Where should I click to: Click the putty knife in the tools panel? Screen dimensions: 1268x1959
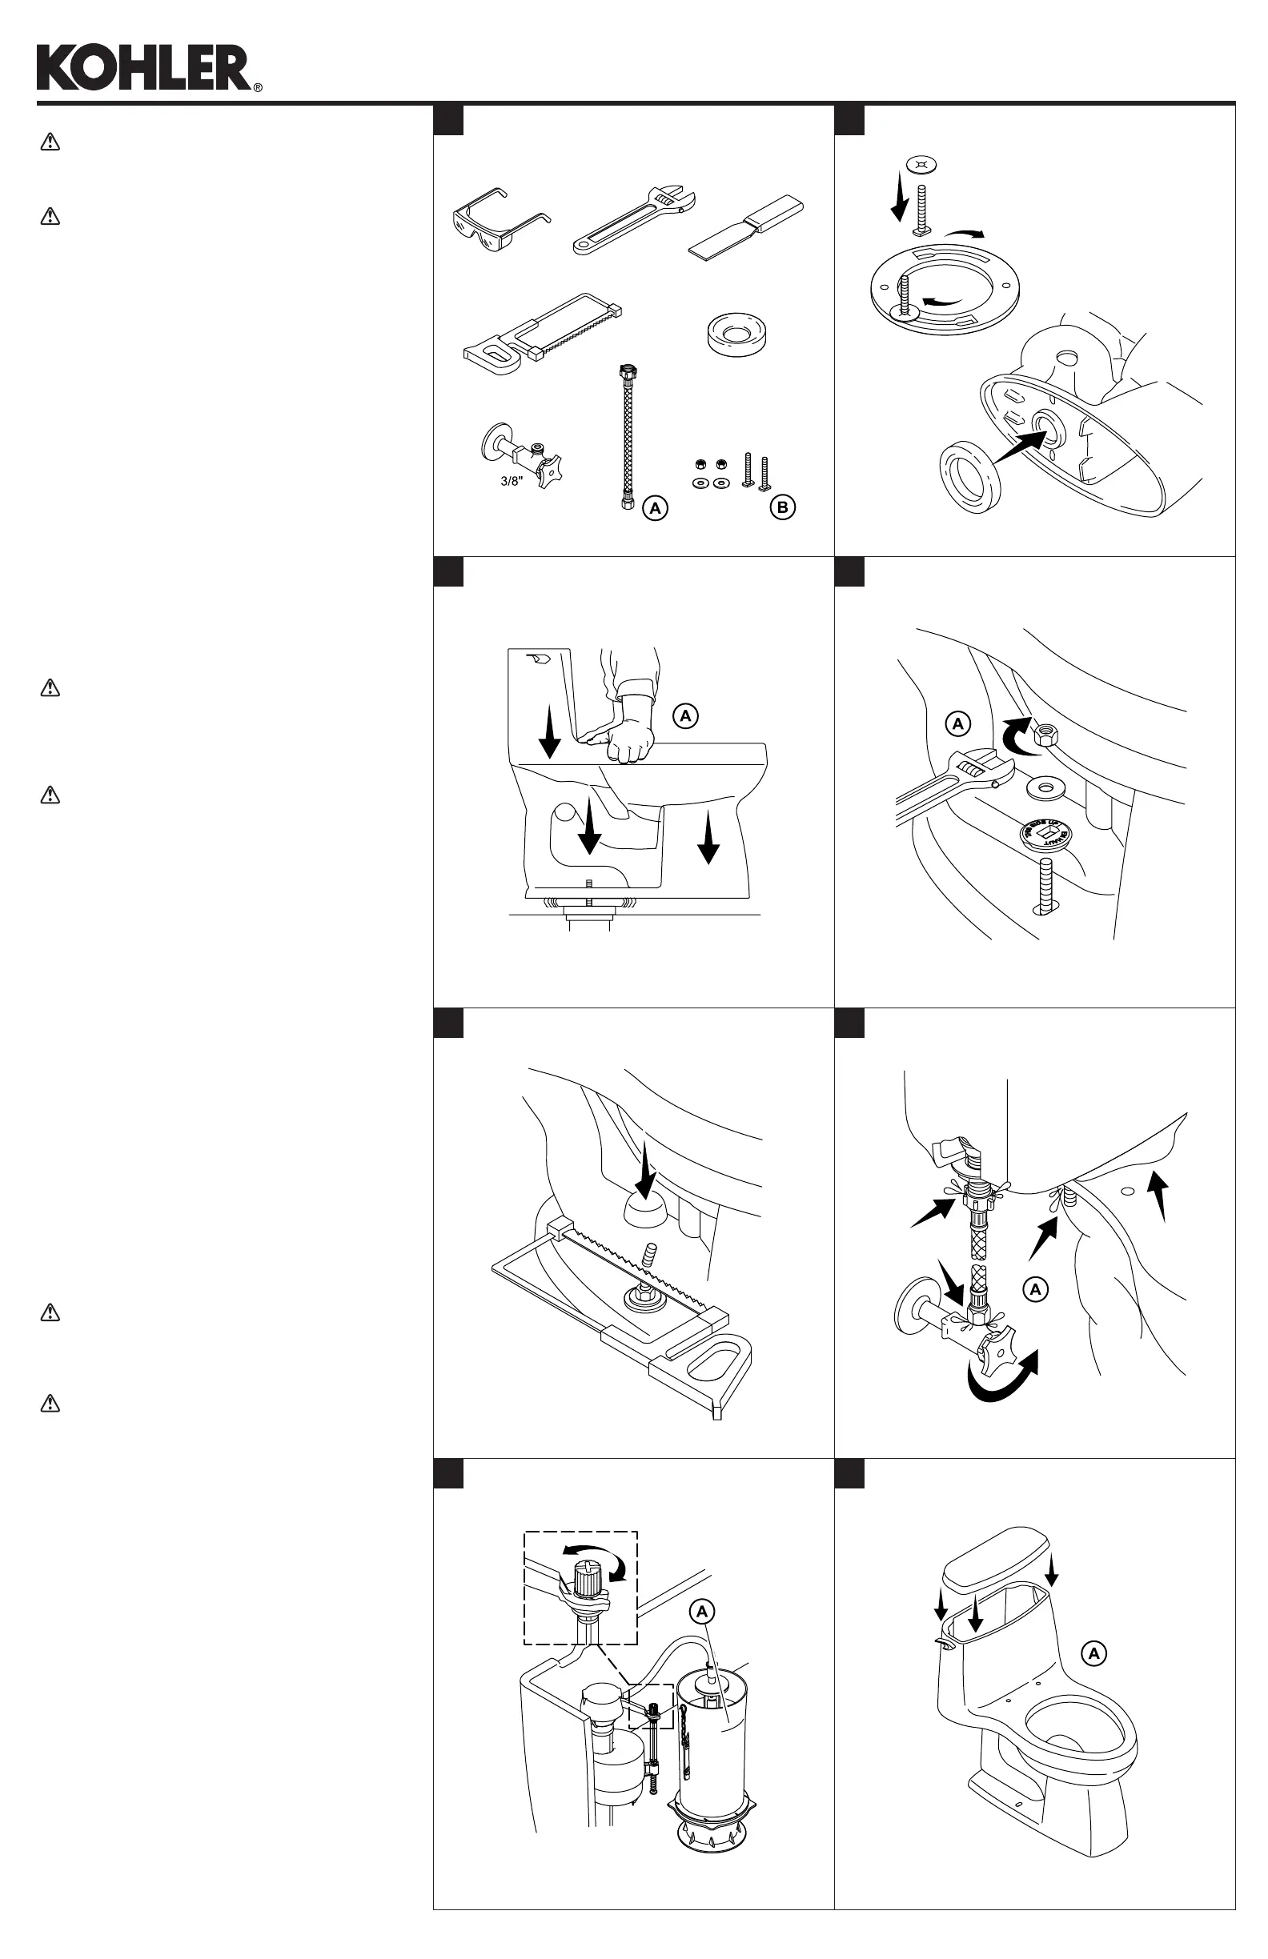[x=746, y=226]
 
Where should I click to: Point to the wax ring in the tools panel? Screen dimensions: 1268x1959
[x=737, y=335]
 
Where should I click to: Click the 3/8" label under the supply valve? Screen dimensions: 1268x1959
[x=512, y=482]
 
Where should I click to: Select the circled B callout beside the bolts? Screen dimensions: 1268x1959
[x=782, y=508]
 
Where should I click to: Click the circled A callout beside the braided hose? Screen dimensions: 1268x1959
[x=656, y=509]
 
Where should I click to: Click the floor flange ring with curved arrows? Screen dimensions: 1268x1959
[x=945, y=288]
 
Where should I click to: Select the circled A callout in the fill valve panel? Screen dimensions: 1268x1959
[x=702, y=1612]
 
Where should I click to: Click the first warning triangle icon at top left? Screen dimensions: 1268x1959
[x=50, y=142]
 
